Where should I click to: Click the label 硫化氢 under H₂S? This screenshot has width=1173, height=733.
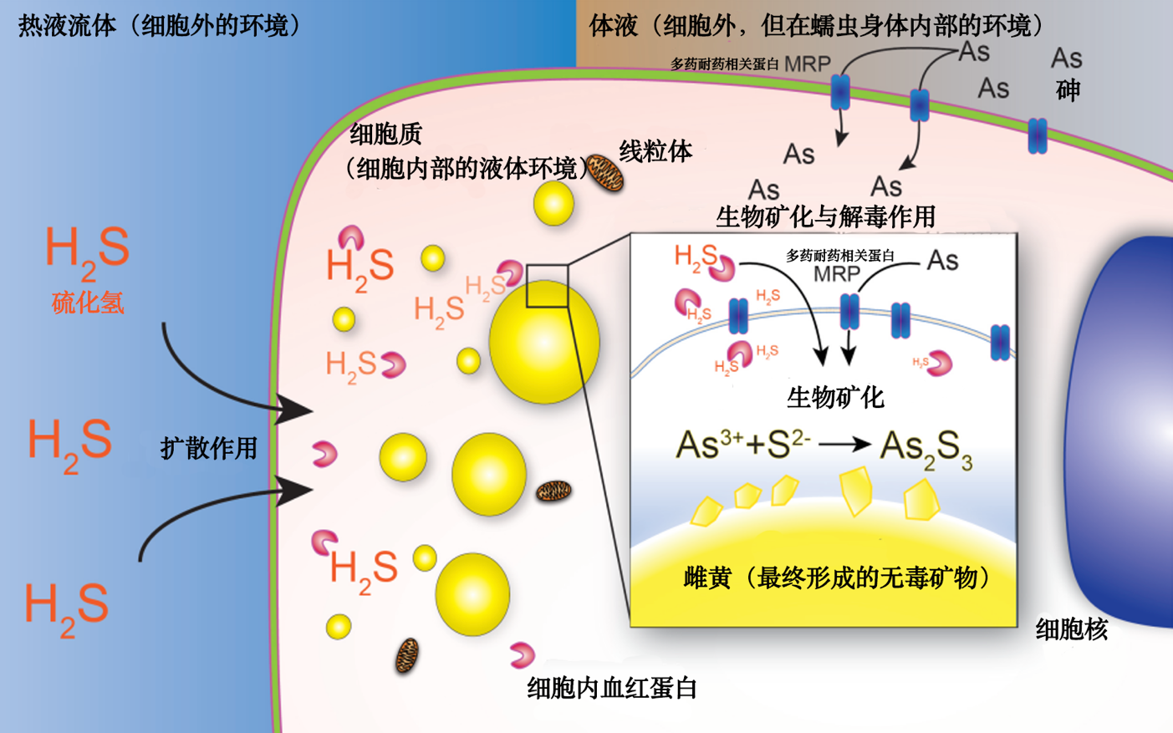(88, 303)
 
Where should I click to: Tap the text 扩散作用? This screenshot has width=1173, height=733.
(208, 449)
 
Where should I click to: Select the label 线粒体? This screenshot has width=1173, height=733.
(655, 151)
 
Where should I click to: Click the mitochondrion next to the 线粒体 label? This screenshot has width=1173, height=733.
(604, 173)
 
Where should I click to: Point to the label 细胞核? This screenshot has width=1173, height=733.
(1071, 629)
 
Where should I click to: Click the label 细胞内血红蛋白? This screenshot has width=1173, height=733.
(612, 688)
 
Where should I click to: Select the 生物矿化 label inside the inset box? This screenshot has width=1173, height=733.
(834, 398)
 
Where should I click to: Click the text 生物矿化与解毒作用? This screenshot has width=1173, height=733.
(825, 217)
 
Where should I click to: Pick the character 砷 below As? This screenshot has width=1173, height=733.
(1068, 90)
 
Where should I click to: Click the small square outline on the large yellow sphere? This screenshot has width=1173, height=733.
(547, 286)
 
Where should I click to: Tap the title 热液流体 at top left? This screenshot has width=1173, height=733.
(67, 26)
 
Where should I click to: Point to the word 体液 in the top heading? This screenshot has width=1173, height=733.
(614, 26)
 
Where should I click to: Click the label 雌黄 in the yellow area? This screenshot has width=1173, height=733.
(707, 578)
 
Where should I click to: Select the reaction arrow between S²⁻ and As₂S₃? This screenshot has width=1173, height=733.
(844, 445)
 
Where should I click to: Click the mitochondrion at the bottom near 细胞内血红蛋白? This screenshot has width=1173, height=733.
(406, 656)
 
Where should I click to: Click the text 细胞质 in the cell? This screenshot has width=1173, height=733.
(385, 134)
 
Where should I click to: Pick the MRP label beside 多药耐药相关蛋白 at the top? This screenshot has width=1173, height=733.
(807, 64)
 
